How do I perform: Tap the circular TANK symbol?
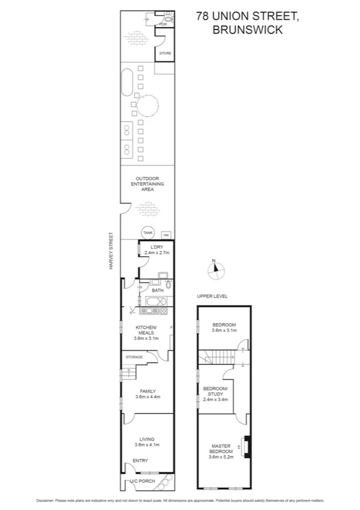pyautogui.click(x=147, y=233)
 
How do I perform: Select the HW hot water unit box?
pyautogui.click(x=166, y=234)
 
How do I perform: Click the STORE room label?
pyautogui.click(x=165, y=54)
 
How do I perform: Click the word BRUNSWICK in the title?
pyautogui.click(x=247, y=29)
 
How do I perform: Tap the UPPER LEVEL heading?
pyautogui.click(x=212, y=296)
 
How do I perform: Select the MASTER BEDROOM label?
pyautogui.click(x=221, y=449)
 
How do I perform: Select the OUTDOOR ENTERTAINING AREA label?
pyautogui.click(x=147, y=183)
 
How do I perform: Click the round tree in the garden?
pyautogui.click(x=147, y=106)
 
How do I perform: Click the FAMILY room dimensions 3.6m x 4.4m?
pyautogui.click(x=147, y=397)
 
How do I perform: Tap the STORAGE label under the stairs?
pyautogui.click(x=134, y=357)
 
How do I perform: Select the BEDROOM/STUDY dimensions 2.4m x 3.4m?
pyautogui.click(x=215, y=399)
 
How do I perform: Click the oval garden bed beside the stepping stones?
pyautogui.click(x=127, y=84)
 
